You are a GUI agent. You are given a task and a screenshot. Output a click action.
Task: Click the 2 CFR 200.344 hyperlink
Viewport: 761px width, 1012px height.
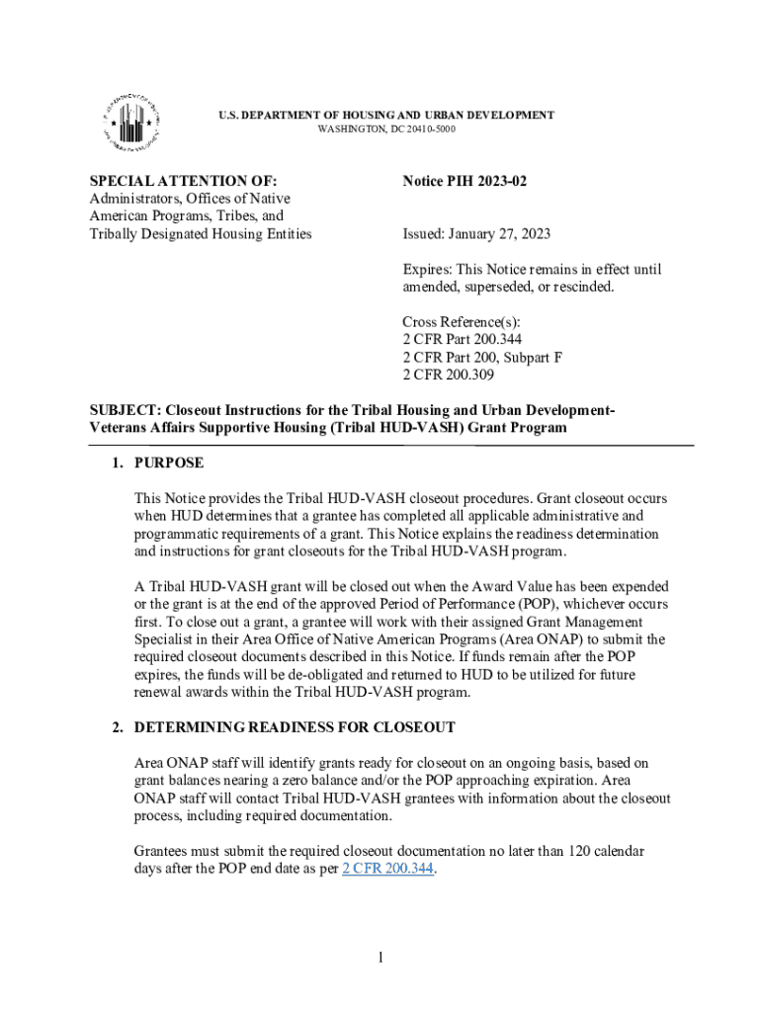pyautogui.click(x=387, y=871)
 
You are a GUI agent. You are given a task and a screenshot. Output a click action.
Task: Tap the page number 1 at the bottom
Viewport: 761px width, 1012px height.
pyautogui.click(x=380, y=957)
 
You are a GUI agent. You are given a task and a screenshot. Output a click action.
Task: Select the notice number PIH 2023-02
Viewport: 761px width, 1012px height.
pyautogui.click(x=472, y=181)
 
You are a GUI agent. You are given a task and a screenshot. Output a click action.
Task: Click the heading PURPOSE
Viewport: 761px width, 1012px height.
pyautogui.click(x=169, y=463)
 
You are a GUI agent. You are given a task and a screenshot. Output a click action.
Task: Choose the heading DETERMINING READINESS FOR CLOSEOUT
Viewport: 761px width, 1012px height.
pyautogui.click(x=295, y=727)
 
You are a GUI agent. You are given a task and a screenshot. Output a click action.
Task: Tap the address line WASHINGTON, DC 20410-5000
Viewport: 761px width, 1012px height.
pyautogui.click(x=386, y=129)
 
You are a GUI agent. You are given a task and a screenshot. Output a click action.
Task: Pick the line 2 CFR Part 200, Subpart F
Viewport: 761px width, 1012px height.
pyautogui.click(x=482, y=357)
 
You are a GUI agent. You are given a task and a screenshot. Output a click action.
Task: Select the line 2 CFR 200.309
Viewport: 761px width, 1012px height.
pyautogui.click(x=449, y=375)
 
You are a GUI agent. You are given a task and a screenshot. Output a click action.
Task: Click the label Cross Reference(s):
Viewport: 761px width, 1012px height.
pyautogui.click(x=462, y=322)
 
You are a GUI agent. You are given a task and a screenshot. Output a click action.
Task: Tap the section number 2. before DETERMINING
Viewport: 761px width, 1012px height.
pyautogui.click(x=118, y=727)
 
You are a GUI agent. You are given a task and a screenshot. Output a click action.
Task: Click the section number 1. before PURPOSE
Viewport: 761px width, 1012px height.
pyautogui.click(x=118, y=463)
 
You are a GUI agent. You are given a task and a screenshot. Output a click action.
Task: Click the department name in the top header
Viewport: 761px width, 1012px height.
pyautogui.click(x=386, y=116)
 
